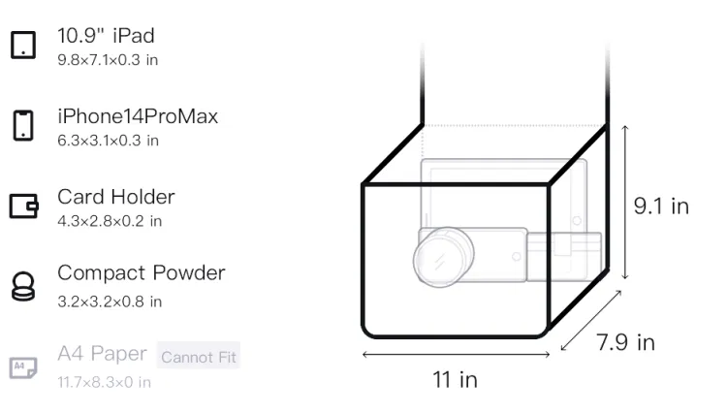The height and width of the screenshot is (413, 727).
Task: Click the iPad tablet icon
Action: (23, 45)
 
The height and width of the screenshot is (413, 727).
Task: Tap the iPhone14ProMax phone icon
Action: (23, 125)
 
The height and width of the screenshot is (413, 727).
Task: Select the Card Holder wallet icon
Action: (23, 206)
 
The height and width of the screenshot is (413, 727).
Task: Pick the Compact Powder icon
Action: (23, 286)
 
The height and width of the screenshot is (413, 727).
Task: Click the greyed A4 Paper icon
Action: (23, 367)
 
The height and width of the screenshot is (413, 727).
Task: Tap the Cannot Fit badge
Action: (199, 357)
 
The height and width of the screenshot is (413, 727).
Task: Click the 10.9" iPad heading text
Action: (106, 36)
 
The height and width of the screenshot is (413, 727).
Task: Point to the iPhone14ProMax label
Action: (138, 116)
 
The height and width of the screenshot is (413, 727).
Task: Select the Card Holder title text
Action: (116, 197)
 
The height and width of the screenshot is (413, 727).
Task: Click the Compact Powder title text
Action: (142, 273)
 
